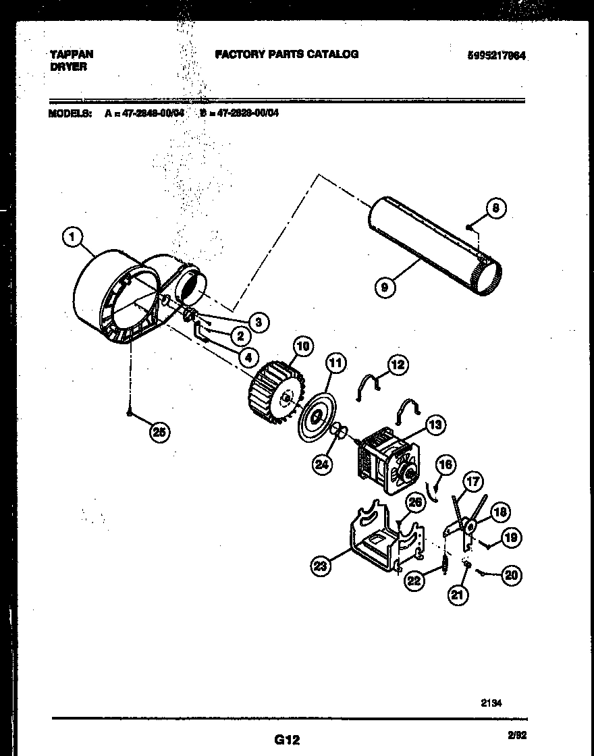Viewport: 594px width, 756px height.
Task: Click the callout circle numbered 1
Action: coord(72,236)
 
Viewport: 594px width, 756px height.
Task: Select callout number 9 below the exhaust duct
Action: coord(384,287)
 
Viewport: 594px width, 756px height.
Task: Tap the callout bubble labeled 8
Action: coord(495,209)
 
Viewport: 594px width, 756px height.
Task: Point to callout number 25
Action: coord(159,433)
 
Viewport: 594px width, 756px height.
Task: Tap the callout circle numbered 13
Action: coord(435,425)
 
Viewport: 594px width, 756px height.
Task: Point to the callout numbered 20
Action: coord(512,575)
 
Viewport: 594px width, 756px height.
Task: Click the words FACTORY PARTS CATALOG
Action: coord(287,54)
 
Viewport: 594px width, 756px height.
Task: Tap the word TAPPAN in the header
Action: coord(71,53)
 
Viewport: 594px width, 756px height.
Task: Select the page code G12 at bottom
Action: coord(287,740)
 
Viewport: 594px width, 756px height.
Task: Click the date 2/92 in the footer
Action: coord(516,738)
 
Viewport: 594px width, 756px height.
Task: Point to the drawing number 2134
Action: coord(491,702)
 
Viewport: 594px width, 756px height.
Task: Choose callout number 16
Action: coord(446,465)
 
